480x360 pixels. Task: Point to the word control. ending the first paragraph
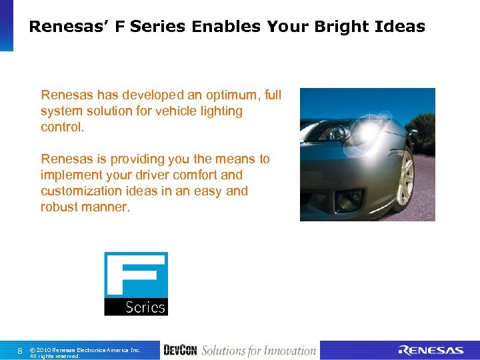pos(63,127)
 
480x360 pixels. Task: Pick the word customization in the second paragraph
pos(79,191)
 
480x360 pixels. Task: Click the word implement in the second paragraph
pos(68,175)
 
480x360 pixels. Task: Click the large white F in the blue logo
pos(136,273)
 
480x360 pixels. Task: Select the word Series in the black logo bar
pos(145,307)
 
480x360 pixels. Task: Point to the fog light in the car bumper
pos(351,197)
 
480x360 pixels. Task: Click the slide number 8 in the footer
pos(20,351)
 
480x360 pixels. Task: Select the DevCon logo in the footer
pos(180,351)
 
